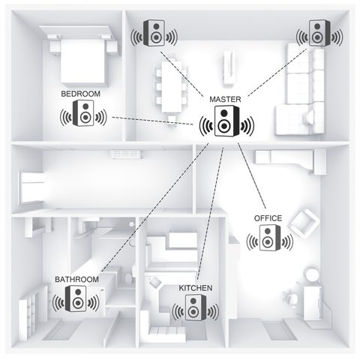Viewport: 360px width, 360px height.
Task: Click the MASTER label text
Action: (x=225, y=99)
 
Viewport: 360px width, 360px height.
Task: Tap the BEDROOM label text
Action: (x=79, y=94)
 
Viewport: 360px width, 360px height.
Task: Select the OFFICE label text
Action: (x=268, y=218)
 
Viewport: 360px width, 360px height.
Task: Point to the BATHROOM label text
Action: (x=76, y=280)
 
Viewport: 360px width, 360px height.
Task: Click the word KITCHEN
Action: (x=195, y=288)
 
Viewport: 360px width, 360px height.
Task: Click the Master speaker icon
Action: (x=226, y=122)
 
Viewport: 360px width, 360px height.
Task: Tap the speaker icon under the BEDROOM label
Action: (x=83, y=116)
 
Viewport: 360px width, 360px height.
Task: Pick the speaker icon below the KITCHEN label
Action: (x=194, y=310)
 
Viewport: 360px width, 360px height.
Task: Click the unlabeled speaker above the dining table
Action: (x=155, y=33)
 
